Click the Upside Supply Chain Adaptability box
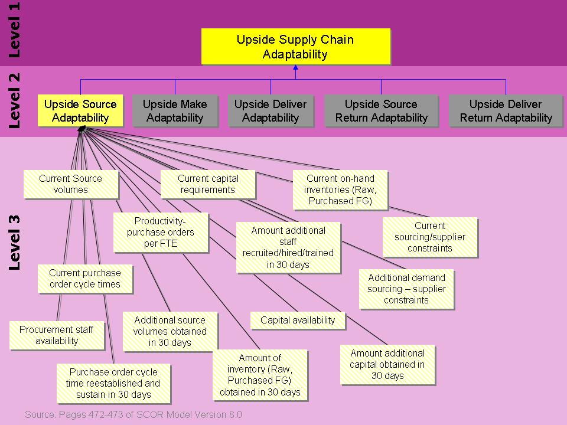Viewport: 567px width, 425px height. (x=295, y=47)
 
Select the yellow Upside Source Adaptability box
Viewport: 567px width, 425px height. (x=80, y=110)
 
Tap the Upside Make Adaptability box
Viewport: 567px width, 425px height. (x=175, y=110)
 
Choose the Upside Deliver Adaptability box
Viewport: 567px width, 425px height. (x=271, y=110)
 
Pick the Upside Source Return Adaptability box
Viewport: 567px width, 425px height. (x=381, y=110)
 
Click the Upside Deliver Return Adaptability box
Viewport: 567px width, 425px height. (x=506, y=110)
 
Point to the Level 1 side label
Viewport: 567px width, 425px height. (x=14, y=30)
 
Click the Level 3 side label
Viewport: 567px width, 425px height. (x=14, y=242)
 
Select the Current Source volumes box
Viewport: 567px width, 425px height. (x=70, y=184)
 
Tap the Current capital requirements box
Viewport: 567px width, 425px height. (x=208, y=184)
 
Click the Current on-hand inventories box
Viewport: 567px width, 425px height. (x=340, y=190)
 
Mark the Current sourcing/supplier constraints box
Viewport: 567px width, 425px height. (x=430, y=237)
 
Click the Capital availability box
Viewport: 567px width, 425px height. (x=298, y=320)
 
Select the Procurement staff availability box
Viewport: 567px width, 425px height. (x=57, y=335)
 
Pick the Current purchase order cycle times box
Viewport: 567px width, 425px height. (x=84, y=279)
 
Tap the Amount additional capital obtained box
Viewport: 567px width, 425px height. (x=387, y=364)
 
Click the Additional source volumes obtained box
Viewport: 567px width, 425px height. (x=170, y=331)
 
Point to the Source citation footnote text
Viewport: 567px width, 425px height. (x=133, y=414)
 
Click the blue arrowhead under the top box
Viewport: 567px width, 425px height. (x=295, y=68)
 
